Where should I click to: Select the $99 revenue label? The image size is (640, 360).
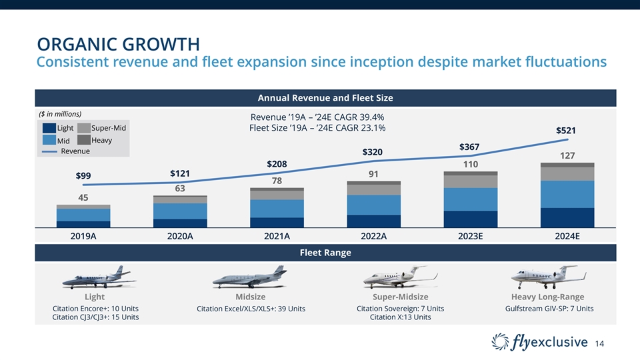(83, 176)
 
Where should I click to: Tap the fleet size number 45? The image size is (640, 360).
(83, 197)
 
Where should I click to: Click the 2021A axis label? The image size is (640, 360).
(277, 235)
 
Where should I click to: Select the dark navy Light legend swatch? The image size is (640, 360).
(49, 128)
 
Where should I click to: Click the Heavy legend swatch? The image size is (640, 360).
(84, 140)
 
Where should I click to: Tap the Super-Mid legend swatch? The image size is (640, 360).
(84, 128)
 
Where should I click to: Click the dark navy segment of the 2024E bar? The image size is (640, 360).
(567, 217)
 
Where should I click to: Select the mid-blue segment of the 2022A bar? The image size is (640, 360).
(373, 205)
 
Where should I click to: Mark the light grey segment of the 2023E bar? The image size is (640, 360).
(470, 181)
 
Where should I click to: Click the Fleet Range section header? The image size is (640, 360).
(324, 253)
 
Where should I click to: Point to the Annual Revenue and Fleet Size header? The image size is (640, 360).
(324, 98)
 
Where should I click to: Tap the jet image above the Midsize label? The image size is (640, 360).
(250, 277)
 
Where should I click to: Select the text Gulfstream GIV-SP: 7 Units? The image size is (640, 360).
(549, 309)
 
